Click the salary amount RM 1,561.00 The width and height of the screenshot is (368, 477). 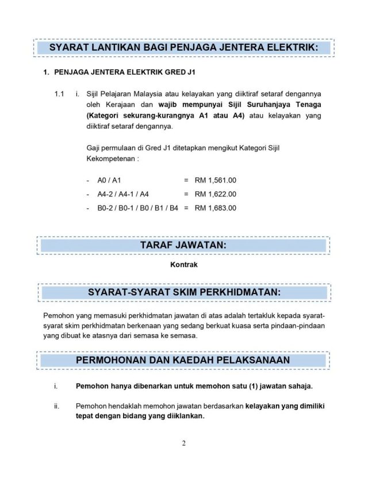pyautogui.click(x=216, y=180)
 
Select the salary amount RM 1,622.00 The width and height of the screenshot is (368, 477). pyautogui.click(x=216, y=194)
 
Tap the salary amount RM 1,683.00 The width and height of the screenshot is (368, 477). pyautogui.click(x=216, y=208)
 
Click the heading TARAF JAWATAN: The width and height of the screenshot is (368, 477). pyautogui.click(x=183, y=246)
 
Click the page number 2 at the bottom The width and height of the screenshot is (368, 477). pyautogui.click(x=184, y=444)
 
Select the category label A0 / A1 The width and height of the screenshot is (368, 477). pyautogui.click(x=109, y=180)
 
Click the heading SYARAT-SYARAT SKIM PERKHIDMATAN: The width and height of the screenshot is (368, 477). pyautogui.click(x=184, y=292)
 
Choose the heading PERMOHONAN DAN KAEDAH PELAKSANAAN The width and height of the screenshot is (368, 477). pyautogui.click(x=183, y=360)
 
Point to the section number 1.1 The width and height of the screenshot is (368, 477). pyautogui.click(x=59, y=93)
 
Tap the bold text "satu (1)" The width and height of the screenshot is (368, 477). pyautogui.click(x=218, y=386)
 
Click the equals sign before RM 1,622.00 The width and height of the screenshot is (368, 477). pyautogui.click(x=186, y=194)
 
